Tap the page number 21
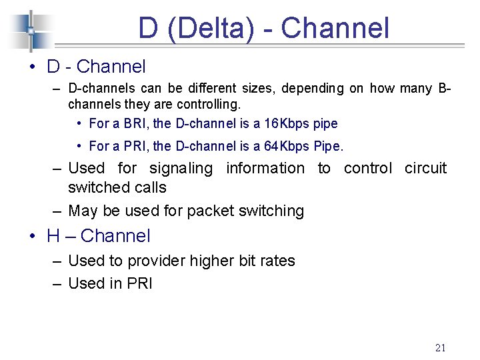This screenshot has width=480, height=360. pyautogui.click(x=440, y=347)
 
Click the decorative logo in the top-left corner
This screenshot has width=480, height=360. pyautogui.click(x=30, y=31)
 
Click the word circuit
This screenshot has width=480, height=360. pyautogui.click(x=425, y=168)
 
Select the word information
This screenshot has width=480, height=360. pyautogui.click(x=265, y=168)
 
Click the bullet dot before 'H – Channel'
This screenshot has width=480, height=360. pyautogui.click(x=31, y=236)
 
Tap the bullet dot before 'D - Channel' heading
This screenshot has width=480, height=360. pyautogui.click(x=31, y=67)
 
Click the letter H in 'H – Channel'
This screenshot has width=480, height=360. pyautogui.click(x=54, y=236)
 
